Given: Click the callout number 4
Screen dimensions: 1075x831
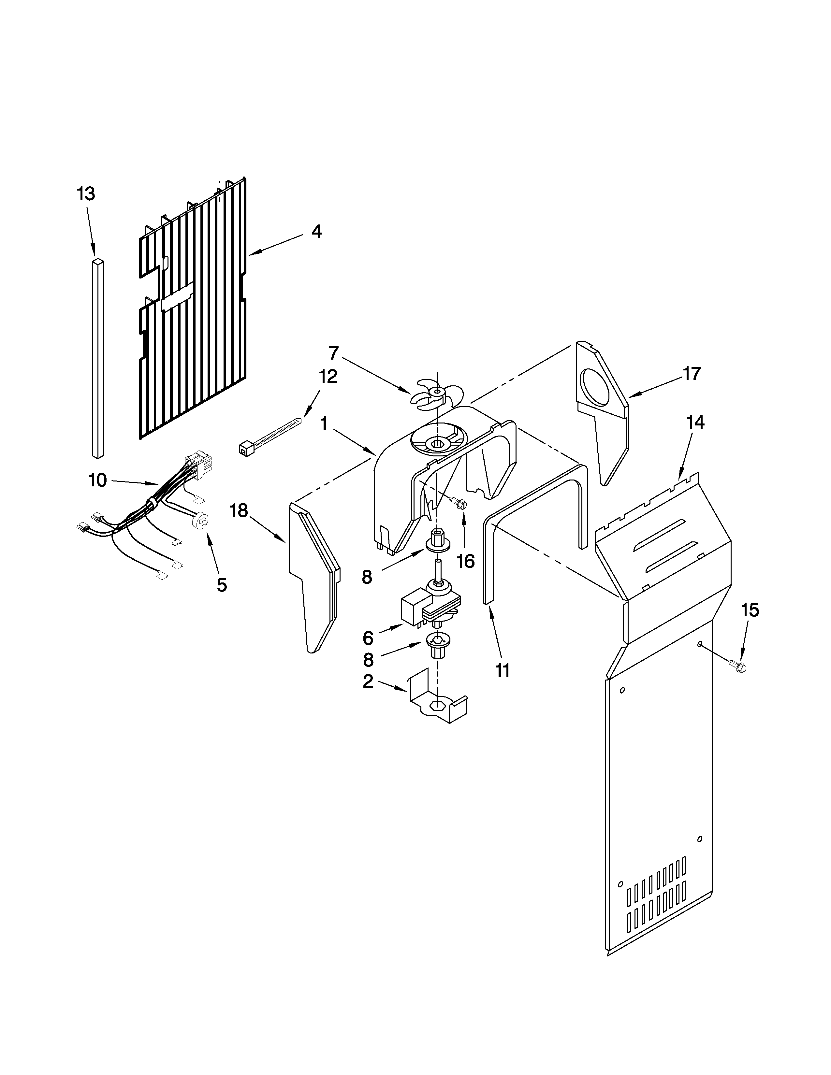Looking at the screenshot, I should point(316,231).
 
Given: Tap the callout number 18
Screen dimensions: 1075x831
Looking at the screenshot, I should point(239,510).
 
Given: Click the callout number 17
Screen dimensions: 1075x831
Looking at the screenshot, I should point(691,374).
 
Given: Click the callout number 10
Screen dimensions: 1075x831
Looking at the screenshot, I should point(97,480).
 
